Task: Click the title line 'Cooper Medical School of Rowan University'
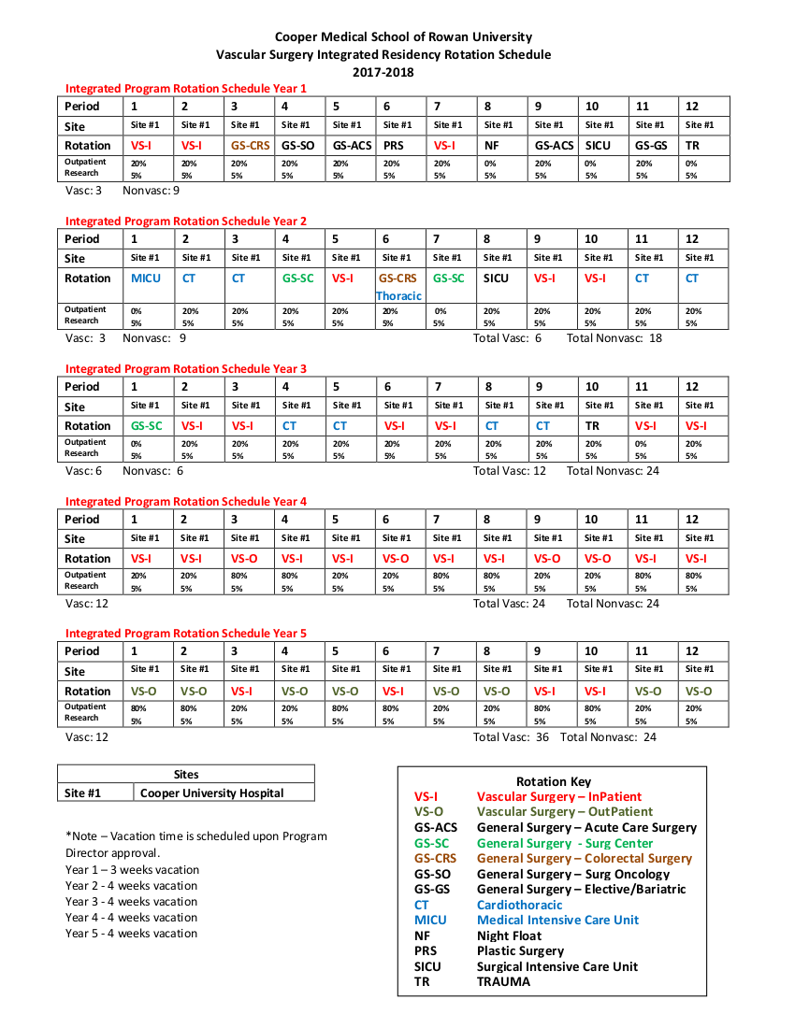403,36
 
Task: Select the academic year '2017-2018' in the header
383,72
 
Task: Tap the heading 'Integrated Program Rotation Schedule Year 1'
186,88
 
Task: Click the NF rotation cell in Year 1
491,146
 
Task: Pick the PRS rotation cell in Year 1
393,146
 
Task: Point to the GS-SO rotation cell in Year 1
297,146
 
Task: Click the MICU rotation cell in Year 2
146,278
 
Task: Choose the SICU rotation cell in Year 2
496,278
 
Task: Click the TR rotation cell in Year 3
592,426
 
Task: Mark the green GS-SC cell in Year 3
146,426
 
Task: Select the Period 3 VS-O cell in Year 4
244,559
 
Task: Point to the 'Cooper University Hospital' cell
211,792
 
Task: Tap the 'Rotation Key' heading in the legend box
554,781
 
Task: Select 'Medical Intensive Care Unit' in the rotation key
557,920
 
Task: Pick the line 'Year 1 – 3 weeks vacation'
132,870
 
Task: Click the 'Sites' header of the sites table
186,774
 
